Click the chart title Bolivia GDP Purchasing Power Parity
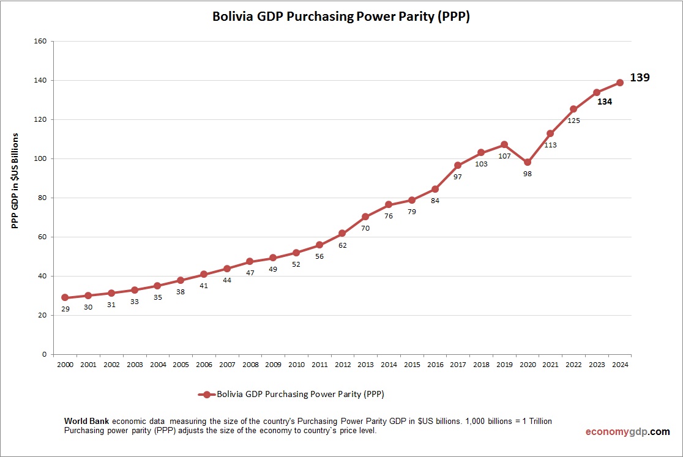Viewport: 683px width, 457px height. click(x=341, y=17)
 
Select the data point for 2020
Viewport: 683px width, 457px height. click(x=528, y=162)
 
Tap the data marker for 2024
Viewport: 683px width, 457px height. click(x=619, y=83)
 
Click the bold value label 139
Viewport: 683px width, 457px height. click(x=640, y=78)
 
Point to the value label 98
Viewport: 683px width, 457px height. click(x=527, y=174)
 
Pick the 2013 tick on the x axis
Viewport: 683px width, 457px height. click(x=365, y=365)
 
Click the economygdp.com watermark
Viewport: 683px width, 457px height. click(x=627, y=431)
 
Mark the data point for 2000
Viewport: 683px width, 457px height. click(x=65, y=297)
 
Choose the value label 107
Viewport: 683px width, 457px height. click(x=504, y=156)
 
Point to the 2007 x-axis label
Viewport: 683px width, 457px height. click(x=226, y=365)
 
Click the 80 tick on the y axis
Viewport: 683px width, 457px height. click(x=42, y=198)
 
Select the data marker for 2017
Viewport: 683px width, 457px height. click(x=458, y=165)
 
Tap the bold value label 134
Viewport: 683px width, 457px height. click(x=605, y=102)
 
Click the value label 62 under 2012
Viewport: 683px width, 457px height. click(x=342, y=245)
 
